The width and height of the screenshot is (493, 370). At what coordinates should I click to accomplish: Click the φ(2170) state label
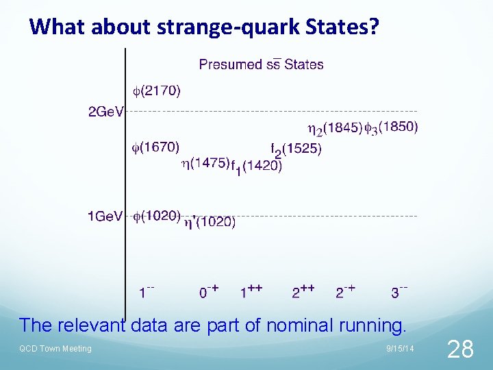157,90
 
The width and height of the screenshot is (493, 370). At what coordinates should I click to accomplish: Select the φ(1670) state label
156,147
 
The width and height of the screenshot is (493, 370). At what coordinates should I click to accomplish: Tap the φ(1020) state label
156,216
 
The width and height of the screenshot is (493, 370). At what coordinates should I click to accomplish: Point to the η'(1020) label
208,222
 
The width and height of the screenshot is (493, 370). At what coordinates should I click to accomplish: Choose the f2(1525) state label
296,149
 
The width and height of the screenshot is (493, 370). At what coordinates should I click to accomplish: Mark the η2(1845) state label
335,128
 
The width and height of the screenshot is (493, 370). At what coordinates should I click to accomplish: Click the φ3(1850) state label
391,127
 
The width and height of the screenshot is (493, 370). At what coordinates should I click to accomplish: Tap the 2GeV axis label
105,112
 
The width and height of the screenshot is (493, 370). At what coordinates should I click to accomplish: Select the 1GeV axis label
105,217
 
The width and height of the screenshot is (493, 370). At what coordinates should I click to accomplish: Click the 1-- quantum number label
146,293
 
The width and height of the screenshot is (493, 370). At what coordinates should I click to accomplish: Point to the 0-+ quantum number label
209,292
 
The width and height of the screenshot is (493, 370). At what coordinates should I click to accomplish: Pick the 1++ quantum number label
252,291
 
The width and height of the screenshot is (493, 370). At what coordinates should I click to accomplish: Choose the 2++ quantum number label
303,292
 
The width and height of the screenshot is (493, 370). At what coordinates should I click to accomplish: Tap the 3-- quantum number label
400,292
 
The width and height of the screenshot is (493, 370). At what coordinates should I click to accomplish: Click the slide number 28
459,349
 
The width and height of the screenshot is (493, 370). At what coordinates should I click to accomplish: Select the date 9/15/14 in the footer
400,349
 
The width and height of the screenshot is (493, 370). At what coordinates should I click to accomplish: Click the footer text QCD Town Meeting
55,349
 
